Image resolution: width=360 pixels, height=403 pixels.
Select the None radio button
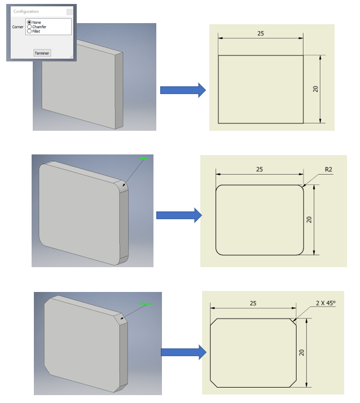[x=29, y=23]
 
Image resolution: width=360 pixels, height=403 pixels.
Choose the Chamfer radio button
[x=29, y=27]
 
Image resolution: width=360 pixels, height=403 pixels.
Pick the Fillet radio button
[x=29, y=32]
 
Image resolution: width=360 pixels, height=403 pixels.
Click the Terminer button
[x=42, y=53]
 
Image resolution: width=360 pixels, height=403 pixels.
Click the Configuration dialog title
[x=26, y=11]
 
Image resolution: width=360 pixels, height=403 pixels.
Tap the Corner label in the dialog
[x=18, y=26]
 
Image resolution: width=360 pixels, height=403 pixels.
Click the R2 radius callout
[x=328, y=169]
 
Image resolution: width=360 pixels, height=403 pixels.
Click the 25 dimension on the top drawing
[x=261, y=34]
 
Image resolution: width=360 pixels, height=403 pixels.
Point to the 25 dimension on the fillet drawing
[x=260, y=169]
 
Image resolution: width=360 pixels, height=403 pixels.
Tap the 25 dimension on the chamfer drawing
[x=253, y=303]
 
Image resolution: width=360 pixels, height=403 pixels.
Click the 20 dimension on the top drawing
[x=315, y=88]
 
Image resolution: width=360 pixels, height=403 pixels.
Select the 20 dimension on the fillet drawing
[x=309, y=219]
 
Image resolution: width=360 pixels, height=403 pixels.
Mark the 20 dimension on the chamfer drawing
[x=302, y=352]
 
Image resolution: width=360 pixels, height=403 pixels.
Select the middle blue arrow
[x=178, y=215]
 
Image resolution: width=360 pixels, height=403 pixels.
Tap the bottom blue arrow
[x=183, y=352]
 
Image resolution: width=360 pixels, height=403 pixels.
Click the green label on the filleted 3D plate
[x=144, y=160]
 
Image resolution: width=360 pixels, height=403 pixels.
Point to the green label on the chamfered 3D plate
[x=147, y=304]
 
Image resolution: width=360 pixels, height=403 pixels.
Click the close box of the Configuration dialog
[x=69, y=11]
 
